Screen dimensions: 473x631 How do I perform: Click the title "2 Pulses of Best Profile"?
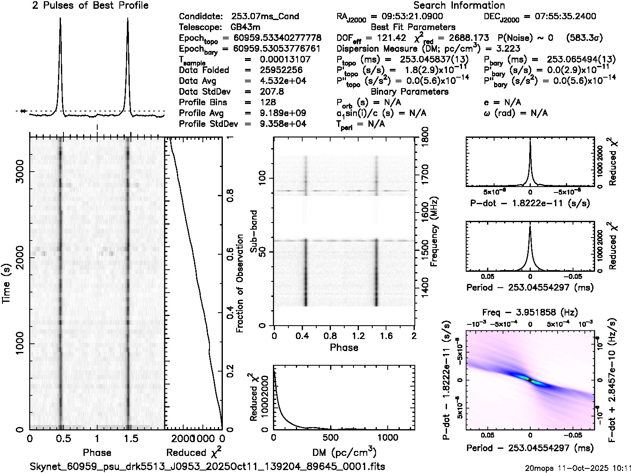90,5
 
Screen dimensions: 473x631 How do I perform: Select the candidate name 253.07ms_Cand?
265,17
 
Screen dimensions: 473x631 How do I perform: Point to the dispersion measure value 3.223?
508,48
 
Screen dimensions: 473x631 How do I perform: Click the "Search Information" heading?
459,5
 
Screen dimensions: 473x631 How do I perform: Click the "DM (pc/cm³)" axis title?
344,453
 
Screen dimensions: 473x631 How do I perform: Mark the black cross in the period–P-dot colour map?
530,380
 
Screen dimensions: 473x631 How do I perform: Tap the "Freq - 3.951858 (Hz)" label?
530,312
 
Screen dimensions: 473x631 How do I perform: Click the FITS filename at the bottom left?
207,466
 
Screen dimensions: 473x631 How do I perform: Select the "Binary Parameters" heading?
409,91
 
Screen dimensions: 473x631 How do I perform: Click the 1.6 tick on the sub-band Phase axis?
386,335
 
